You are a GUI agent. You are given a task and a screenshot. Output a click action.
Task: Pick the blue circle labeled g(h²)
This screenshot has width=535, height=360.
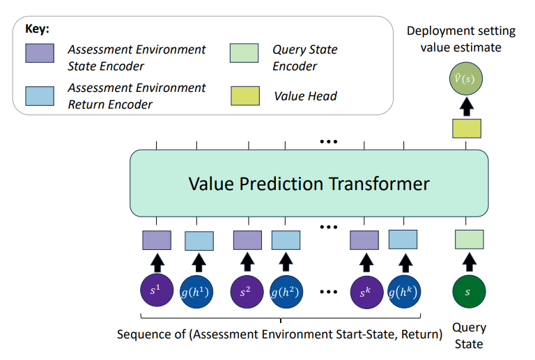point(286,292)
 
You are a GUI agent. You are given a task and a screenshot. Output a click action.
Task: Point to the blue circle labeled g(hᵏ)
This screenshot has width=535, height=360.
point(403,292)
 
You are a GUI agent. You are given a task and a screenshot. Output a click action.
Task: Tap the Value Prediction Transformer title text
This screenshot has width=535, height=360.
point(309,184)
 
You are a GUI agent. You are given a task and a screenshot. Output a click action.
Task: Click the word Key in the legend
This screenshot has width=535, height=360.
point(37,30)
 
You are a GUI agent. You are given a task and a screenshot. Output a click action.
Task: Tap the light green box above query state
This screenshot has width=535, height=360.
point(469,239)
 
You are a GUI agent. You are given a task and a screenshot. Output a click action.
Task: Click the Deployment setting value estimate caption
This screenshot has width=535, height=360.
point(461,39)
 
